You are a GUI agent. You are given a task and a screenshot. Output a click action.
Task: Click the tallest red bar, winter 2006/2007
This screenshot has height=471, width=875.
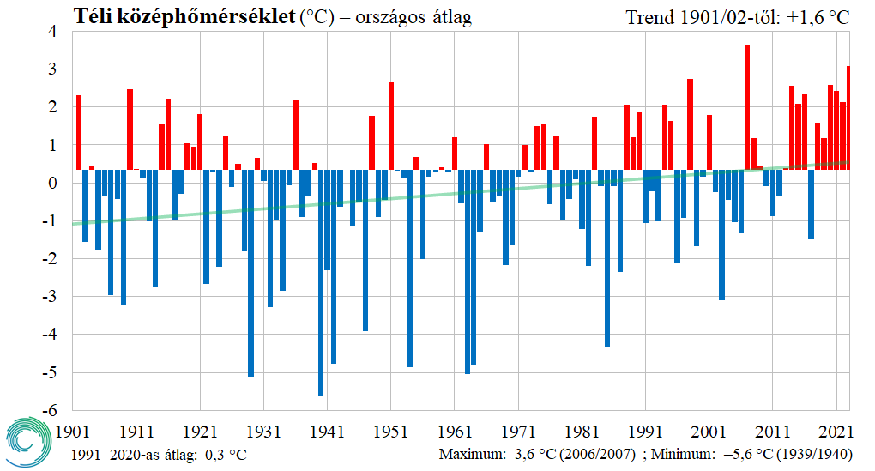(747, 107)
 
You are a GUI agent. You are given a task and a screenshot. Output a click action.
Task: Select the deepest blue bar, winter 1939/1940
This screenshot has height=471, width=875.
(321, 282)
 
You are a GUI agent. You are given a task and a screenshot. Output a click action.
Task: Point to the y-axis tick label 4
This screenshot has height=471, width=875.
(52, 32)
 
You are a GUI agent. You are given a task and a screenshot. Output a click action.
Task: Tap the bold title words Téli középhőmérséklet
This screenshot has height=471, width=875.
(184, 16)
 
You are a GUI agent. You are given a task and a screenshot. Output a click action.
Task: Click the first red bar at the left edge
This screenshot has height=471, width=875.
(79, 132)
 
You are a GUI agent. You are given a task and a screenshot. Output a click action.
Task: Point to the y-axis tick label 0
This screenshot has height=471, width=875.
(52, 183)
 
